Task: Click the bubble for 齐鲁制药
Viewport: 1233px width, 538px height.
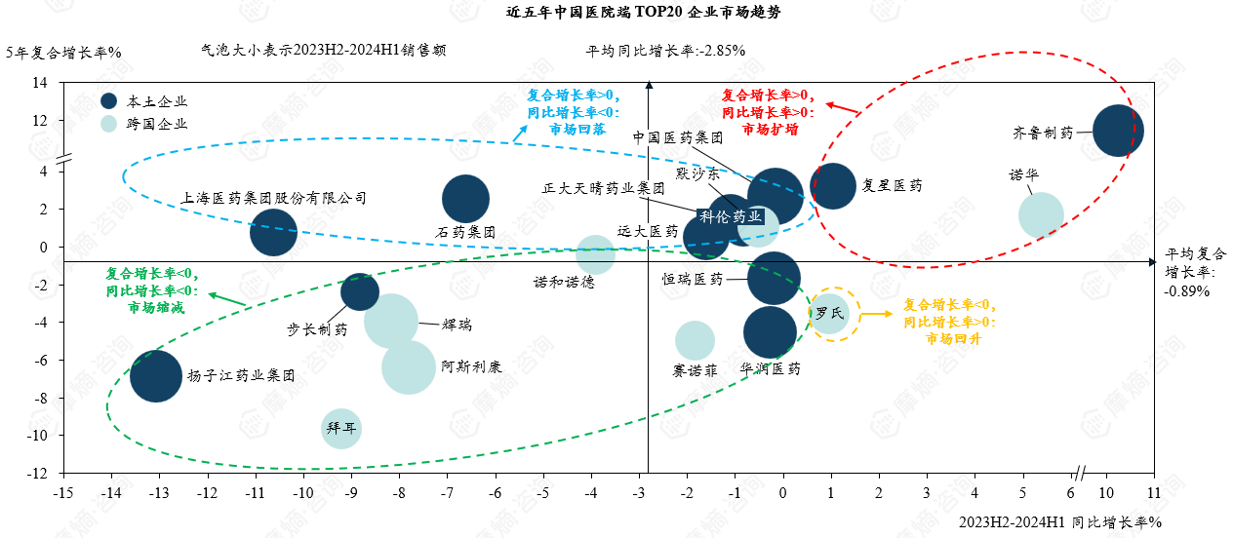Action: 1117,132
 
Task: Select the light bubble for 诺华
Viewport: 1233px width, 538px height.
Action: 1041,215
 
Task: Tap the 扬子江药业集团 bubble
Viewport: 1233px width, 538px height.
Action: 156,376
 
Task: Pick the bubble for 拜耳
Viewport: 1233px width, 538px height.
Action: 340,429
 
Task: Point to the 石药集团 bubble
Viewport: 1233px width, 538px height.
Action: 466,199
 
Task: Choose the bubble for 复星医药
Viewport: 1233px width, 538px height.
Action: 833,186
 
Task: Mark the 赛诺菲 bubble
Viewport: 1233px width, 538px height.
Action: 695,341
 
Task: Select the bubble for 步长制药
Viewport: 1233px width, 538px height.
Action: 360,290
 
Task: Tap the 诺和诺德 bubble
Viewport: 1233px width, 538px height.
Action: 595,254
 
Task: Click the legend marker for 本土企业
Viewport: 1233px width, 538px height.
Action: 109,101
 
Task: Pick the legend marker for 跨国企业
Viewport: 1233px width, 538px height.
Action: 109,124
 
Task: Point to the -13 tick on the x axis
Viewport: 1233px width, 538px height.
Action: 158,493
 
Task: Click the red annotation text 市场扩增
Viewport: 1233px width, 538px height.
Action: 770,129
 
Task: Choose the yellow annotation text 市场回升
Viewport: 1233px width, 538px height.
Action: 953,338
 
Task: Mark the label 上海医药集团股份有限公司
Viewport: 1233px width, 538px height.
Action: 274,198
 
